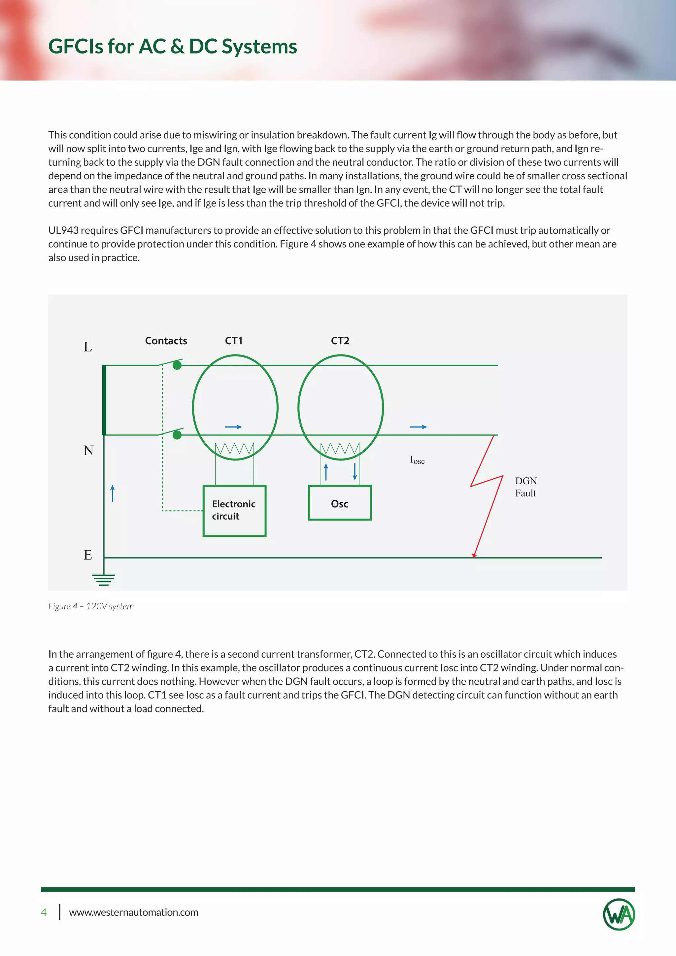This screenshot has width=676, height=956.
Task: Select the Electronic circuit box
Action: (x=234, y=510)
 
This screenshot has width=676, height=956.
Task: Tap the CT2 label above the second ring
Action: (x=340, y=341)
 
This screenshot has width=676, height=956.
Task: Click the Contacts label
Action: (x=166, y=341)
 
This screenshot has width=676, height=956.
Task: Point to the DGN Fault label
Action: (x=526, y=487)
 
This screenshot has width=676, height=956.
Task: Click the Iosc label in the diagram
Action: (x=417, y=460)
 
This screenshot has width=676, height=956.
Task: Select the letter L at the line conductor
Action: (x=88, y=347)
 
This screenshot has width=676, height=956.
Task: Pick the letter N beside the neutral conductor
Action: (x=88, y=451)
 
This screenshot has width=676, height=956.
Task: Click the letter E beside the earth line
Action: (x=88, y=555)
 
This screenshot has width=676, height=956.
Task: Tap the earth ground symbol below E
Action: (x=104, y=579)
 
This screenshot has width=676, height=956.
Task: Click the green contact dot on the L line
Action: (x=177, y=365)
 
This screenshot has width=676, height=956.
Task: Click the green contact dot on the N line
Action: (x=177, y=435)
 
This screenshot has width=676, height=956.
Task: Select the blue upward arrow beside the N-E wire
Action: (x=112, y=494)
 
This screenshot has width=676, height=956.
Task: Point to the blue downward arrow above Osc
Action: (x=355, y=472)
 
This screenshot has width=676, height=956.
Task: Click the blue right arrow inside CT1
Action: (x=233, y=427)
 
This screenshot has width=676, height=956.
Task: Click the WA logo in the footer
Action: (x=619, y=914)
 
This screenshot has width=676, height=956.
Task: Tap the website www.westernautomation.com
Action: (x=133, y=912)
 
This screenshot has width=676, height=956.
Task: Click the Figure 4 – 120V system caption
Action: (x=91, y=606)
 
